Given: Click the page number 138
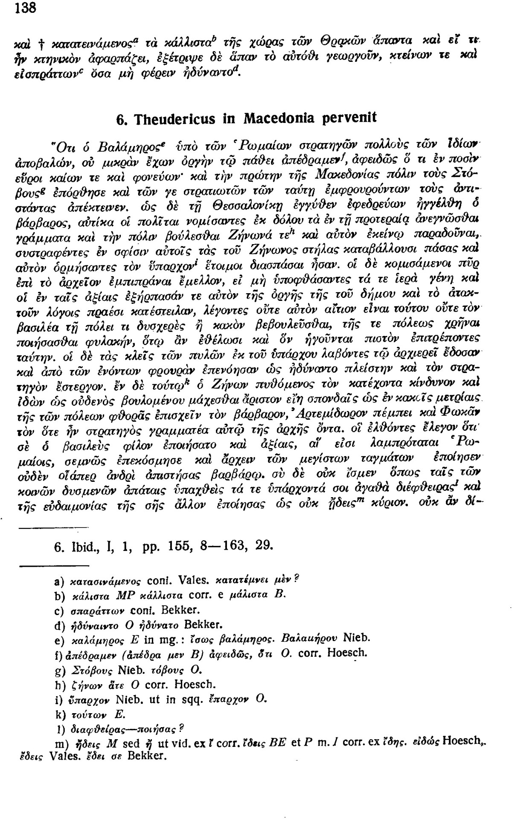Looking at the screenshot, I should pos(25,9).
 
